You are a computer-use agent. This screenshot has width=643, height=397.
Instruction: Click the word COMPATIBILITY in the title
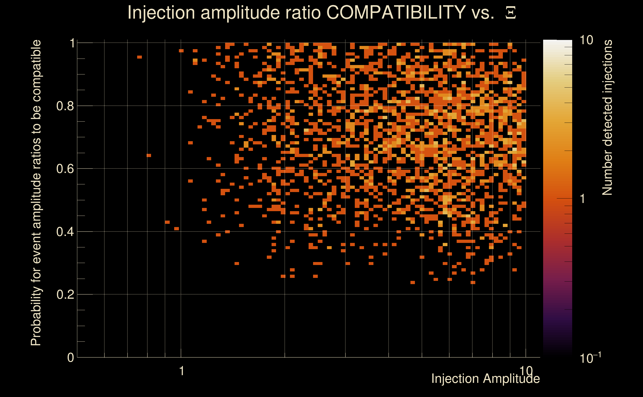[x=396, y=13]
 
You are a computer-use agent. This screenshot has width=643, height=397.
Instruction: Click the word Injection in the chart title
[x=161, y=13]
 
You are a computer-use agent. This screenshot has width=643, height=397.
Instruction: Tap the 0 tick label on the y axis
[x=71, y=358]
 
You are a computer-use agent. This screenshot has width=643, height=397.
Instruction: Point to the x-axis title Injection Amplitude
[x=485, y=379]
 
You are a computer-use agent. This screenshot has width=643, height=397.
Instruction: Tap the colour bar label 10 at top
[x=586, y=40]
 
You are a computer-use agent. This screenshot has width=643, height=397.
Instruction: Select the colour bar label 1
[x=583, y=199]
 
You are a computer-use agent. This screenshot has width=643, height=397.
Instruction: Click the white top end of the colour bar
[x=557, y=42]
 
